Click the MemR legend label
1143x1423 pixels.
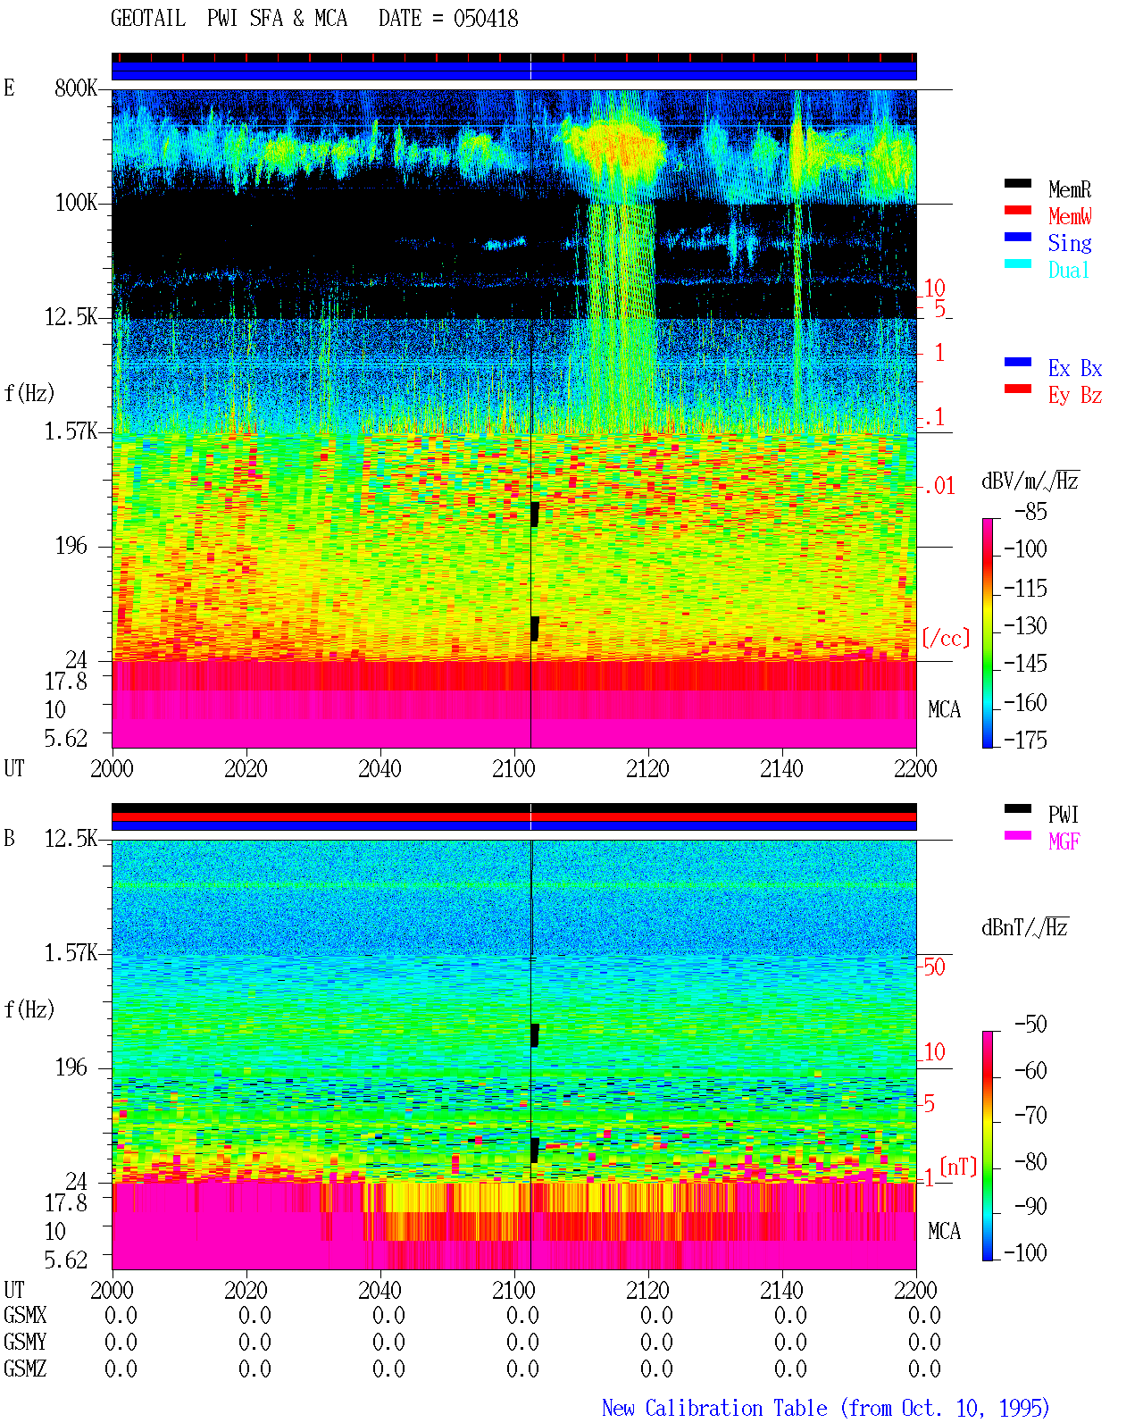[x=1069, y=189]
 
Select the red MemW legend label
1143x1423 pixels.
[x=1069, y=216]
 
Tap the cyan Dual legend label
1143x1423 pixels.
[x=1068, y=270]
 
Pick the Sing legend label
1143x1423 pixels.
[x=1069, y=243]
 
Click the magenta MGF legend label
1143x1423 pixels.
[x=1064, y=841]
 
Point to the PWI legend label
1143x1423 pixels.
[x=1063, y=814]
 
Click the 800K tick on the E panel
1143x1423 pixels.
[x=76, y=88]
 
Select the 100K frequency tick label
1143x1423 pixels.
[x=76, y=203]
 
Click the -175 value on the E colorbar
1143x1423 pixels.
[x=1025, y=740]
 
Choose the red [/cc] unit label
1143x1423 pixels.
[x=946, y=638]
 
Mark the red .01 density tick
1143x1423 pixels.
[x=939, y=487]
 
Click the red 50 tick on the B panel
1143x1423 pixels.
[x=934, y=967]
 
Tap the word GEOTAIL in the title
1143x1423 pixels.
[x=148, y=19]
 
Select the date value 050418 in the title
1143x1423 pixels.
[x=486, y=19]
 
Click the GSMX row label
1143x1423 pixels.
[x=25, y=1316]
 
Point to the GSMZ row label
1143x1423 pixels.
[x=25, y=1369]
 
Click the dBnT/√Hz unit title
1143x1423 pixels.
[x=1024, y=927]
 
